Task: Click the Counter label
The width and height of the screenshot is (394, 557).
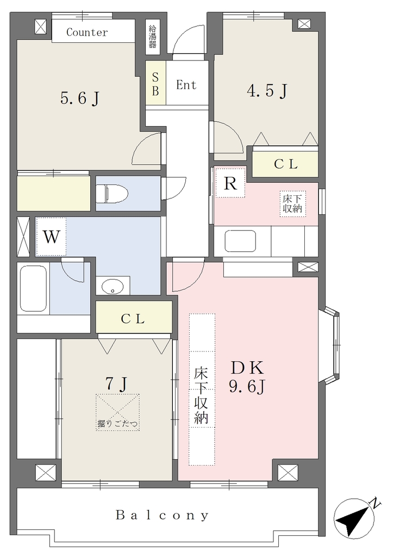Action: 87,32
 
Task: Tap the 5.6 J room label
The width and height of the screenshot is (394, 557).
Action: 79,98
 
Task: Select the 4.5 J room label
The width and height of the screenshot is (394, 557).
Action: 267,91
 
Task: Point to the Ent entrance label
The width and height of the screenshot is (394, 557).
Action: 186,85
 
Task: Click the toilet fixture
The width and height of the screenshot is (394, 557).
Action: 112,194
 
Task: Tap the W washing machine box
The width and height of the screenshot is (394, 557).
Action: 51,237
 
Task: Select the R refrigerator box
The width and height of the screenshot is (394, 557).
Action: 230,183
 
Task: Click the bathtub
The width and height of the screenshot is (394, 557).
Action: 33,289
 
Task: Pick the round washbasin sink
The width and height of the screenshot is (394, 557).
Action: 112,286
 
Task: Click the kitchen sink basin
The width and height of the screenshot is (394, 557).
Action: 241,242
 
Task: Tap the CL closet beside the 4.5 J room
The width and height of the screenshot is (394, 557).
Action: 285,164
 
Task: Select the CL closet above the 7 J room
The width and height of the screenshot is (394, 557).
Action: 134,317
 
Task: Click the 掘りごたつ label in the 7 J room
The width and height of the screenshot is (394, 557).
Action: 117,423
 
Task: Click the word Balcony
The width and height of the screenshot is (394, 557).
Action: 162,515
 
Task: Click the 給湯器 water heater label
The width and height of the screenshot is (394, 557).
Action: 153,36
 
